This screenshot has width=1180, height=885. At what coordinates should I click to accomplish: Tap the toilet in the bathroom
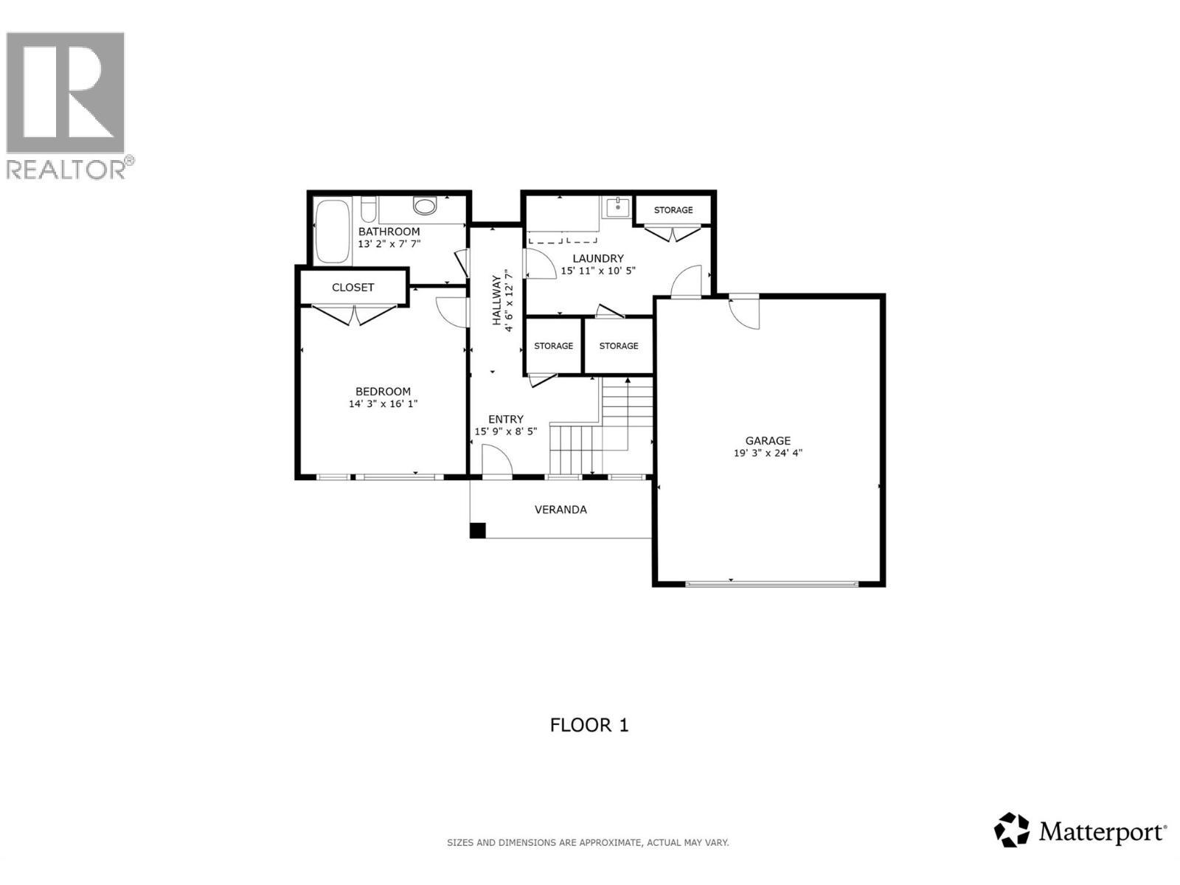click(425, 205)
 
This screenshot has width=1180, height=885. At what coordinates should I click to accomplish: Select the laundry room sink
click(615, 207)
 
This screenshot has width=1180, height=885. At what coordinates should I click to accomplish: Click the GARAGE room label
click(767, 441)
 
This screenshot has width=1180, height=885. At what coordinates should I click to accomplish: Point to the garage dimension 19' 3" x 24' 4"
click(767, 454)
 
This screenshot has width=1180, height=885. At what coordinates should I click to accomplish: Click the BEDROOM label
click(383, 392)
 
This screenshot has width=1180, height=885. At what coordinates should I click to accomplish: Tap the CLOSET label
click(353, 288)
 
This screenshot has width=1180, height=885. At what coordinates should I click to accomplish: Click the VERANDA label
click(560, 510)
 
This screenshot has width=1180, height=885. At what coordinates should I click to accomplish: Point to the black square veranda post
click(478, 530)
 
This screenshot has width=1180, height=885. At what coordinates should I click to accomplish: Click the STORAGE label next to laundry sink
click(673, 210)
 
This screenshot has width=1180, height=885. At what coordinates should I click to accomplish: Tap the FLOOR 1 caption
click(589, 725)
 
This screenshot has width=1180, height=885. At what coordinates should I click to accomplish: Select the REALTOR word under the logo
click(66, 170)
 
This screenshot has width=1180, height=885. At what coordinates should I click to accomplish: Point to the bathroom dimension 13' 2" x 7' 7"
click(389, 244)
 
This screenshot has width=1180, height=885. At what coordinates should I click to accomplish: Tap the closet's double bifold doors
click(354, 315)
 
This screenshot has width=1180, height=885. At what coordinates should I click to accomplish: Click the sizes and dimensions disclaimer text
click(588, 842)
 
